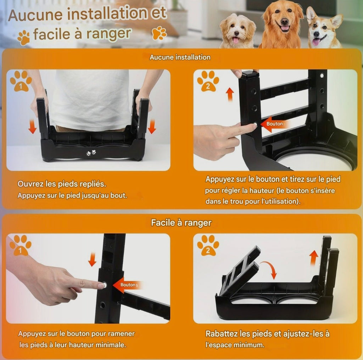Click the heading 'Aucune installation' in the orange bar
[180, 57]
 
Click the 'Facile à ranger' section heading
[181, 223]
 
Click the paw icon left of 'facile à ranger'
[24, 37]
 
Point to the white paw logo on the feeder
[91, 153]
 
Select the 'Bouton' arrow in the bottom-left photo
[127, 285]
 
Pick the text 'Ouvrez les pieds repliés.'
[62, 185]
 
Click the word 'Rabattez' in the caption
[222, 334]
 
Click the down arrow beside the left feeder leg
[33, 127]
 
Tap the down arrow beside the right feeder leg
[152, 126]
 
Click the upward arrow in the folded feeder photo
[314, 258]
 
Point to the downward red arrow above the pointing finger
[92, 260]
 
